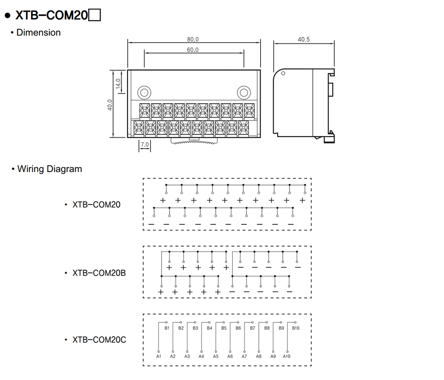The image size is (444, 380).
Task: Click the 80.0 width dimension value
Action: (193, 39)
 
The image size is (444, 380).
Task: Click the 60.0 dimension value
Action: (193, 50)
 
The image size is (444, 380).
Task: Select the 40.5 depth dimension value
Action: (304, 40)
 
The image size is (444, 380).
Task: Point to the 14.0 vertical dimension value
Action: (118, 84)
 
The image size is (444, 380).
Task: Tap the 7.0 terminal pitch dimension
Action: (145, 144)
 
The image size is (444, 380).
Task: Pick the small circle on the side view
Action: (283, 73)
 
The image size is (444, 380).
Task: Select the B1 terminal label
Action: (167, 328)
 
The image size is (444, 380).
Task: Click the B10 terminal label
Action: (296, 328)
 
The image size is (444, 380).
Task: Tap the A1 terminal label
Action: (159, 356)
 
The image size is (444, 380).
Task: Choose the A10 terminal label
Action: (286, 356)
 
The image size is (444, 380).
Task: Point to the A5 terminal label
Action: (216, 356)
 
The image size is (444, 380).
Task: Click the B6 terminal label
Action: (238, 328)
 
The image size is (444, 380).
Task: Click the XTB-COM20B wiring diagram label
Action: (99, 273)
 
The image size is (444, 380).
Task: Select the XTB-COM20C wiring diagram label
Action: (99, 340)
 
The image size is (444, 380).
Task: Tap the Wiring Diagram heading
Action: (50, 169)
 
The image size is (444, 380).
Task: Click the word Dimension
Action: (39, 32)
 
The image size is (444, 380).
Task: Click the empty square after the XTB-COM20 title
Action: (95, 15)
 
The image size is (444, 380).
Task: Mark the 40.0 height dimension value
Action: (110, 105)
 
